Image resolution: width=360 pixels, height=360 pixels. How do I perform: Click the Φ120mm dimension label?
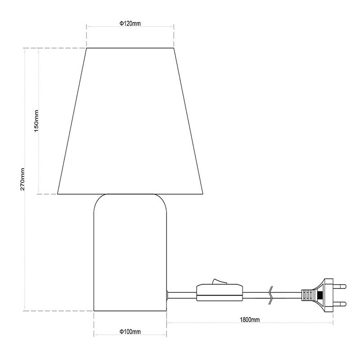[x=130, y=23]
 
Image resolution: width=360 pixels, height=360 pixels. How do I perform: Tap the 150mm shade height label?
[x=36, y=121]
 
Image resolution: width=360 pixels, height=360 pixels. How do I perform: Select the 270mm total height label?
[x=22, y=179]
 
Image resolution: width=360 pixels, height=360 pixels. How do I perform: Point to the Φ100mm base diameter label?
[x=130, y=332]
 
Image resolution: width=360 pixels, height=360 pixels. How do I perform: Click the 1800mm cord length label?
[x=250, y=319]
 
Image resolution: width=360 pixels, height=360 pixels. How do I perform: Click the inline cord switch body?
[x=220, y=293]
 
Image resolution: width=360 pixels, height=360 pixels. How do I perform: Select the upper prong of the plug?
[x=339, y=287]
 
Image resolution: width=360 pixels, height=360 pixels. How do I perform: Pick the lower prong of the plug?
[x=339, y=305]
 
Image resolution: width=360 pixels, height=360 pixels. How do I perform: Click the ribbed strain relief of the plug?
[x=308, y=295]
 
